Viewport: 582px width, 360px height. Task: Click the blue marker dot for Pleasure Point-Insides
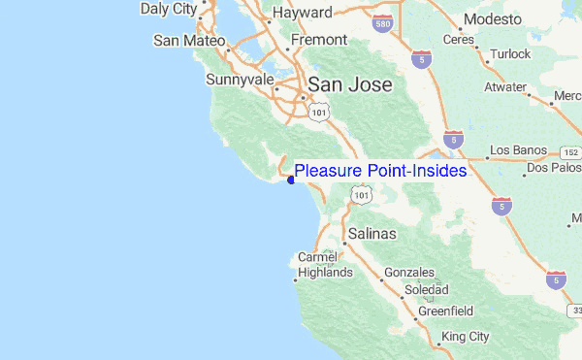(291, 179)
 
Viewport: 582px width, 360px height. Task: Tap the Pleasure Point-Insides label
(380, 171)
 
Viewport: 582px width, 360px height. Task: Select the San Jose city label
(350, 84)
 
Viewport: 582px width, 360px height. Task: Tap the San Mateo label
(189, 41)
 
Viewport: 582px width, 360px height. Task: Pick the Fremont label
(319, 40)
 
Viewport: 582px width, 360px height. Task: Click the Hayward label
(303, 13)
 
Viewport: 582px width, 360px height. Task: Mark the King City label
(466, 337)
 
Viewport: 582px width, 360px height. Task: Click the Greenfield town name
(445, 311)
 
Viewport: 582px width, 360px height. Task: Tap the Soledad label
(427, 290)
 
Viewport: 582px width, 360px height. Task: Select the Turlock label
(511, 55)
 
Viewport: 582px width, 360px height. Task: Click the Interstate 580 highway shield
(385, 19)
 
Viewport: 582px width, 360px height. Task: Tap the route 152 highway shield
(570, 152)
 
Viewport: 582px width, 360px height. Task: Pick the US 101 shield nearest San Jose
(319, 113)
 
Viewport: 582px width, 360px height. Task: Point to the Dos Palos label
(553, 168)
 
